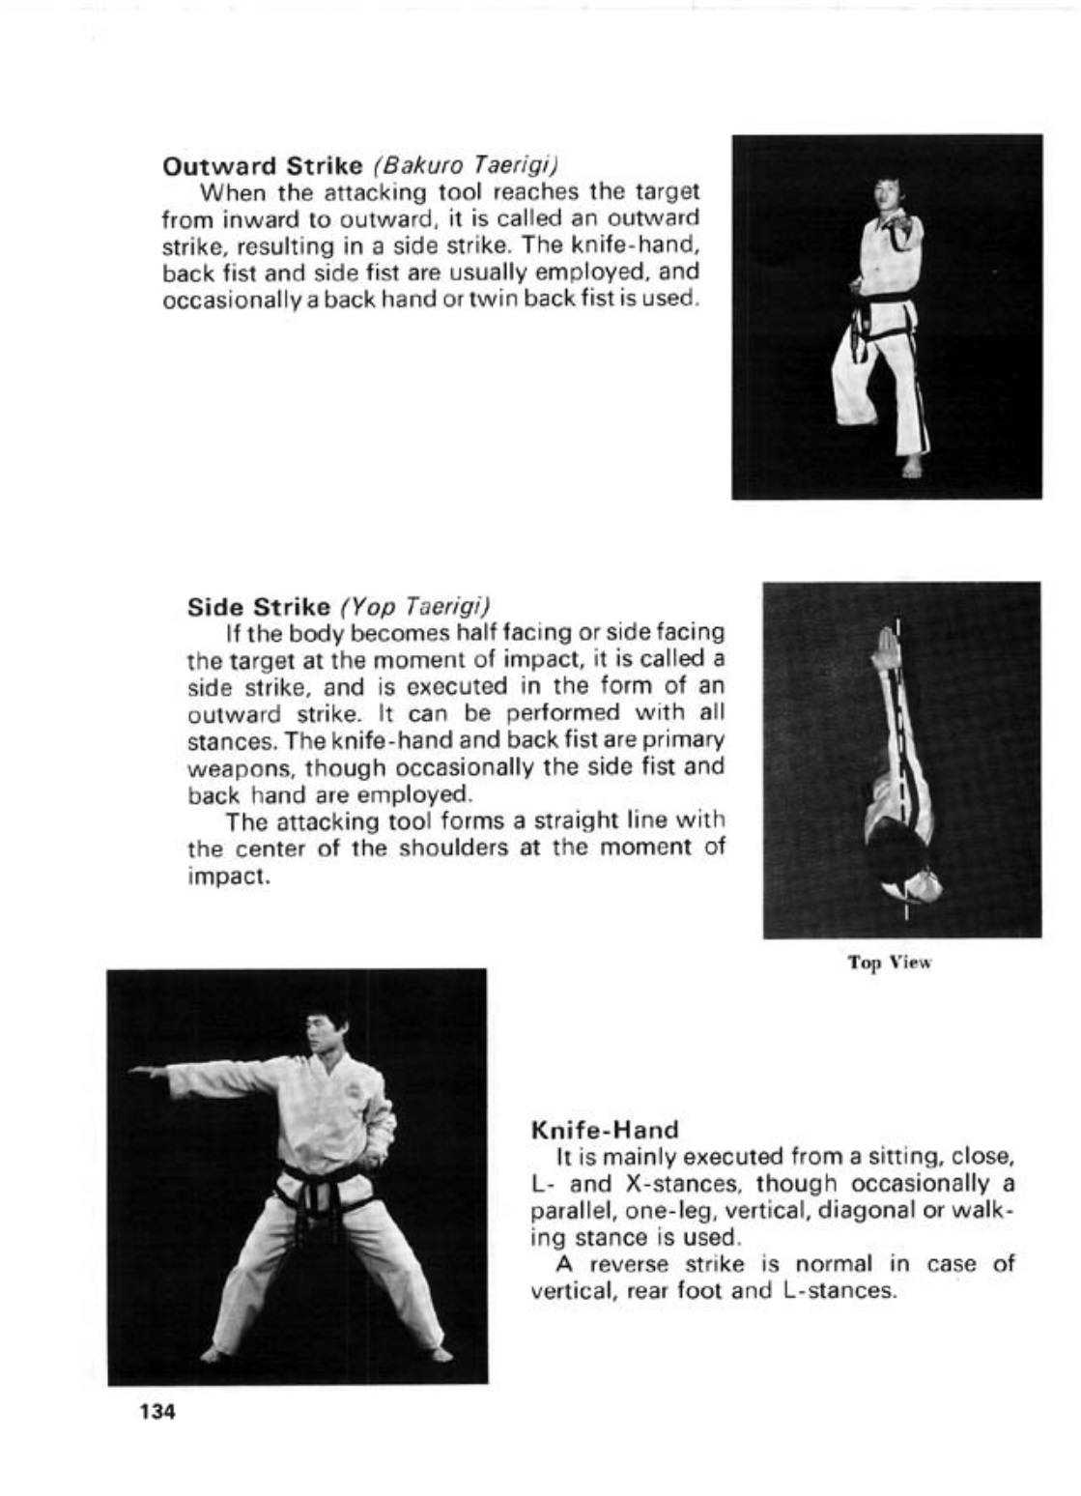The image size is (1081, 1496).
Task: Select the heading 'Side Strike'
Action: pyautogui.click(x=259, y=607)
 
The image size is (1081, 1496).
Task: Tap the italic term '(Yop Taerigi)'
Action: pyautogui.click(x=414, y=607)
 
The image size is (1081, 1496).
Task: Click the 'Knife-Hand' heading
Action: pyautogui.click(x=606, y=1129)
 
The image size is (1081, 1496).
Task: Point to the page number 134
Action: pyautogui.click(x=157, y=1412)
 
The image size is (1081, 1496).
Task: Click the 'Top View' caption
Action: pyautogui.click(x=890, y=963)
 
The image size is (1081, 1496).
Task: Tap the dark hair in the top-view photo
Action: pyautogui.click(x=899, y=856)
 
